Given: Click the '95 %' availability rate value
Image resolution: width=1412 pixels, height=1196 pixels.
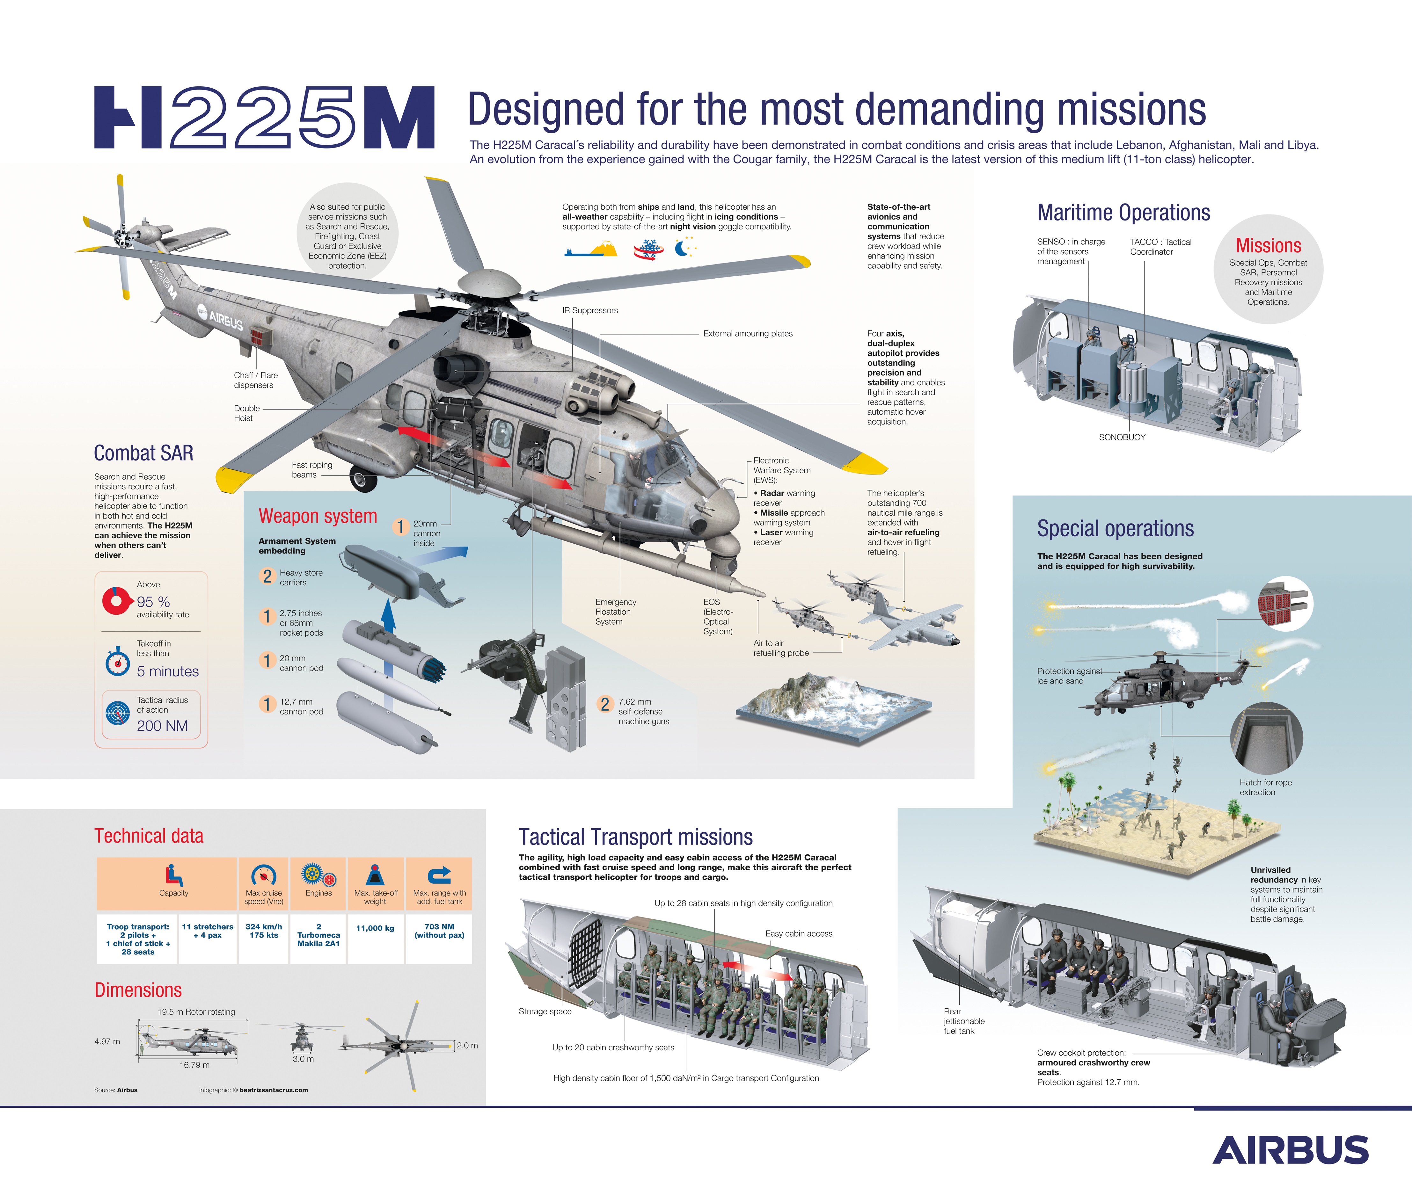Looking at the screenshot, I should point(153,601).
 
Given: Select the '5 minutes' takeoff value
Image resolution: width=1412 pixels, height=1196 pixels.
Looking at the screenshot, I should point(167,671).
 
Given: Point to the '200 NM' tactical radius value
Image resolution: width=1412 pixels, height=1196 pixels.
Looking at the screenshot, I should point(162,725).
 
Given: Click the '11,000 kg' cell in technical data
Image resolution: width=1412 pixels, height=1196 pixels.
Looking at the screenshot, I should point(375,928).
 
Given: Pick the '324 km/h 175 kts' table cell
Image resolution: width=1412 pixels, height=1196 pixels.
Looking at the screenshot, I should point(264,931).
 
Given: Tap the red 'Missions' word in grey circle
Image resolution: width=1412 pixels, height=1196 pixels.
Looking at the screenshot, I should point(1268,245).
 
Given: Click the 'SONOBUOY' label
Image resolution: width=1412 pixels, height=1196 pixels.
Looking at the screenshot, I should point(1122,437).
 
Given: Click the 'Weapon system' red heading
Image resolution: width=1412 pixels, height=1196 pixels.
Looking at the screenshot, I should point(318,516).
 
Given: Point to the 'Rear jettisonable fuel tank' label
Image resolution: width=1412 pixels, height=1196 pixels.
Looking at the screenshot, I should point(963,1021).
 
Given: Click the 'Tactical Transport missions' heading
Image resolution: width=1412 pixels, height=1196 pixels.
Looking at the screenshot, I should point(635,837).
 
